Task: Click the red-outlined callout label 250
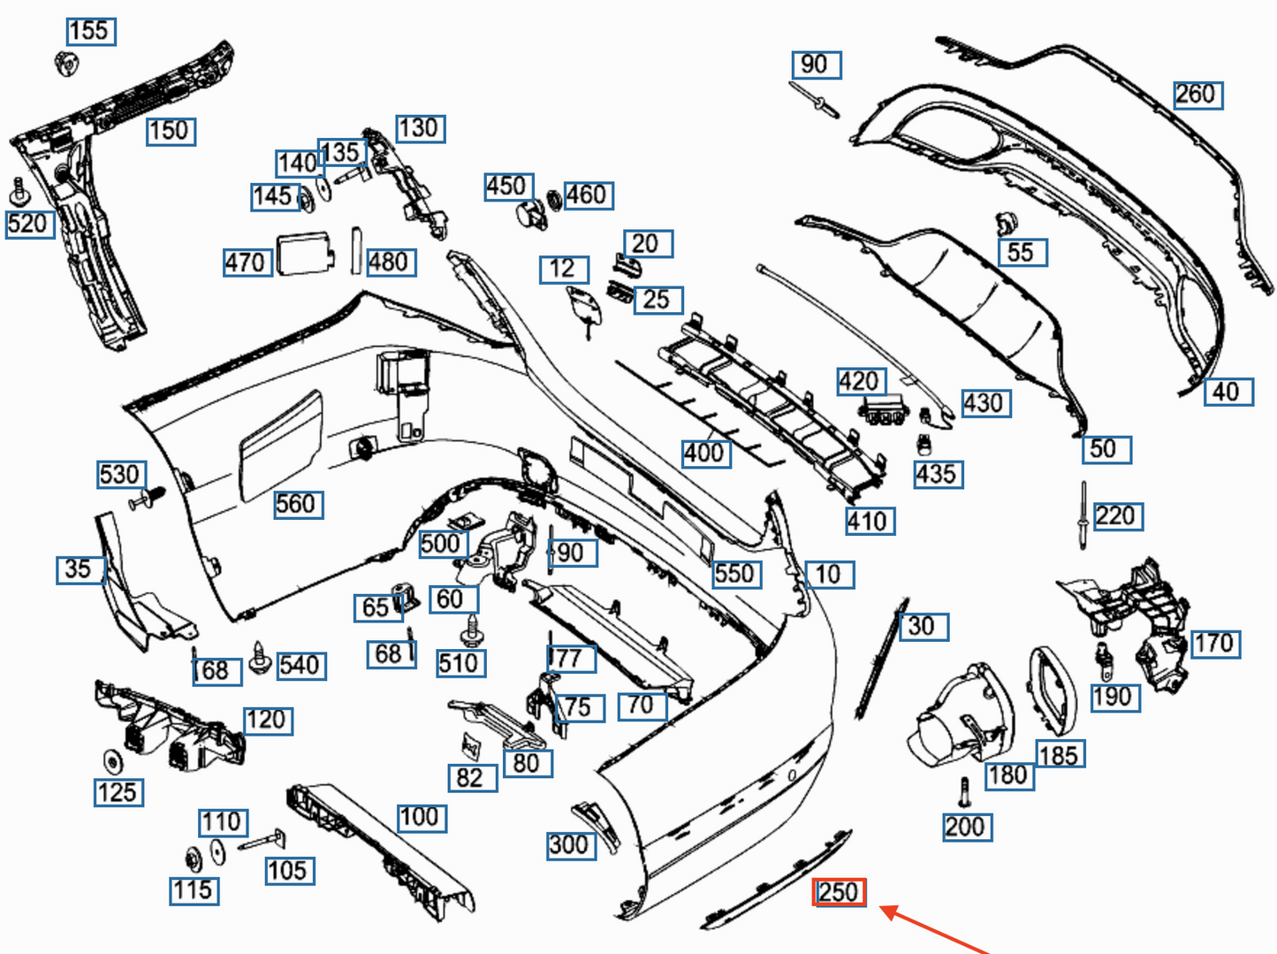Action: pos(839,892)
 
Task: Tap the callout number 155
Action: pos(91,31)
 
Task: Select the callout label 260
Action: pos(1197,95)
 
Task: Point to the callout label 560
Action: pos(297,504)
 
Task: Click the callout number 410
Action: pos(870,521)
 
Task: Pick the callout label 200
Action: pos(966,827)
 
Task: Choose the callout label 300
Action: pos(570,844)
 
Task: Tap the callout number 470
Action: pos(247,262)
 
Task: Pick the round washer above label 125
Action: pos(112,760)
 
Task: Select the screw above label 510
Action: pos(471,630)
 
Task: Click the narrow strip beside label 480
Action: pos(356,251)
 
